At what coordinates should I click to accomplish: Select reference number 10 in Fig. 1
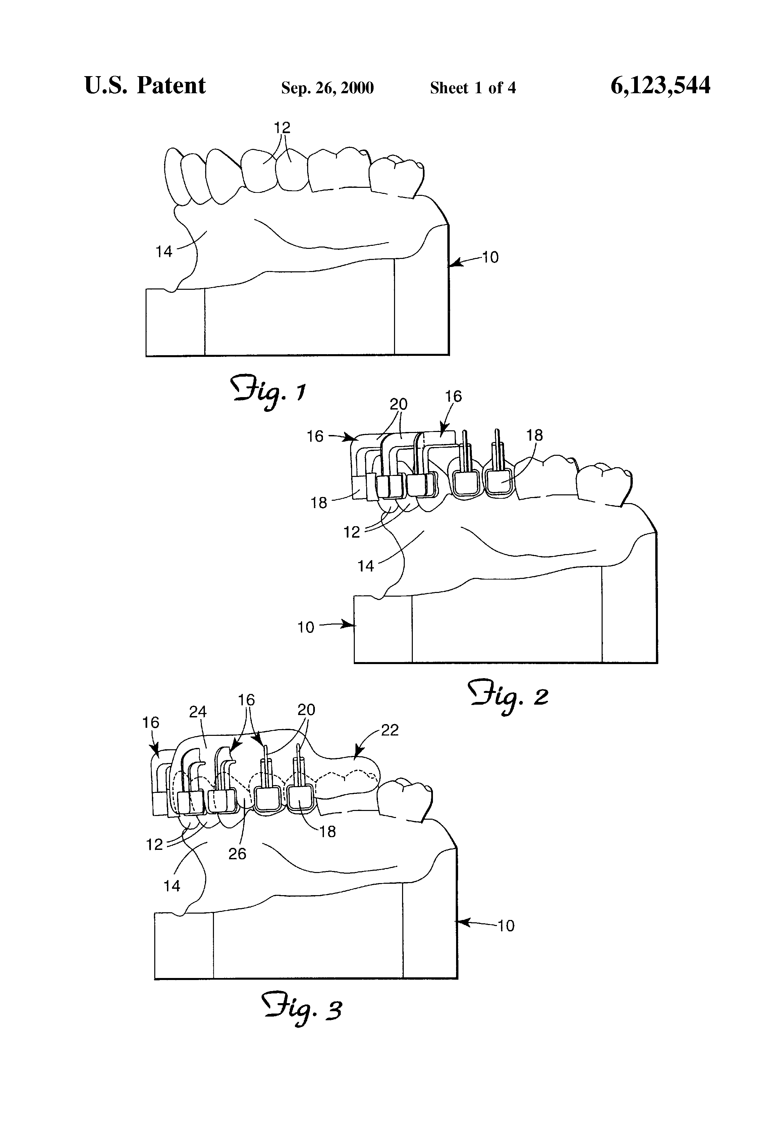pos(490,257)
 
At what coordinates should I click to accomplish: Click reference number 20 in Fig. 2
pos(398,404)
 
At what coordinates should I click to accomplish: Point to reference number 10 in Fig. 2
pos(305,627)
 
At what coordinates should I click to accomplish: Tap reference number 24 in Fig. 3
pos(198,712)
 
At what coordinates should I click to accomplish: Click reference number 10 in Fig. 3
pos(506,926)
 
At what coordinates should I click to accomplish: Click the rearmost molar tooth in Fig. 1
pos(396,176)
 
